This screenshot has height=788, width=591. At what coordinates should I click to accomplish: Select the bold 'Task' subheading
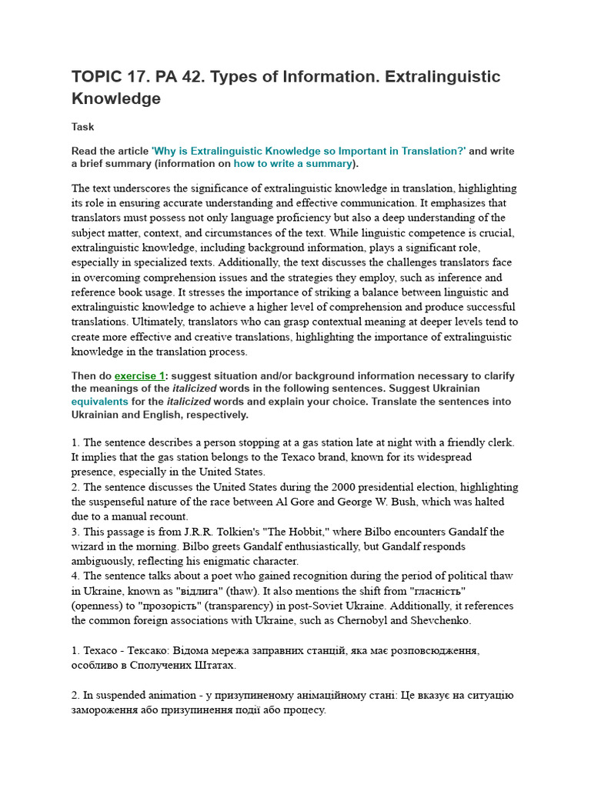click(x=82, y=127)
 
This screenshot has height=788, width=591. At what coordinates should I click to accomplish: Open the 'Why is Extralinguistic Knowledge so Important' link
click(x=309, y=151)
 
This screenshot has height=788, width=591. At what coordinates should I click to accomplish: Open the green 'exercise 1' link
click(x=139, y=376)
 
